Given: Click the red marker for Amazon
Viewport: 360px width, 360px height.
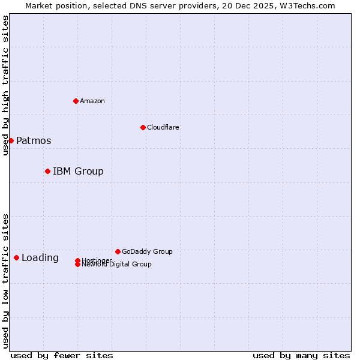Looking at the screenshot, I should pyautogui.click(x=76, y=101).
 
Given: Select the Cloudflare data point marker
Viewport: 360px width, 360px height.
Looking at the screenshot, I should pyautogui.click(x=143, y=127).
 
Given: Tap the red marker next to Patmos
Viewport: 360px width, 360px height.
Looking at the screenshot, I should pyautogui.click(x=11, y=140).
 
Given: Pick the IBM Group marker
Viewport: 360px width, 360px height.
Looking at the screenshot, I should pyautogui.click(x=47, y=171).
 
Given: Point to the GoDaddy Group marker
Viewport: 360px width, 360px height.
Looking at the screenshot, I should pyautogui.click(x=118, y=251).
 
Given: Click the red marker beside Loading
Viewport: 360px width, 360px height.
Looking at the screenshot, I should pyautogui.click(x=16, y=257).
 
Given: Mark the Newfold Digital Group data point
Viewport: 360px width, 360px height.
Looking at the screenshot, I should pyautogui.click(x=77, y=264).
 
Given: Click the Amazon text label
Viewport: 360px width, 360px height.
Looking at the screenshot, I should pyautogui.click(x=92, y=101).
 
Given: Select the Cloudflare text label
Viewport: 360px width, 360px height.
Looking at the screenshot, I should pyautogui.click(x=163, y=127).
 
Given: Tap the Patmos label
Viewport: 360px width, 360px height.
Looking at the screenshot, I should pyautogui.click(x=34, y=141).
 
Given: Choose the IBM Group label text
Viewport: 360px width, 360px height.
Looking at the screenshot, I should pyautogui.click(x=78, y=172).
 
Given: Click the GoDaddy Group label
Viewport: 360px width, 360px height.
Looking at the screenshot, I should pyautogui.click(x=147, y=251).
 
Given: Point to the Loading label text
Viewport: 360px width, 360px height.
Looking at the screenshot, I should pyautogui.click(x=40, y=258).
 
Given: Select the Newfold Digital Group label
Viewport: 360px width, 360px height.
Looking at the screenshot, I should pyautogui.click(x=117, y=265).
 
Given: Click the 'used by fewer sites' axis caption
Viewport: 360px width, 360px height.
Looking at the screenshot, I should pyautogui.click(x=62, y=356).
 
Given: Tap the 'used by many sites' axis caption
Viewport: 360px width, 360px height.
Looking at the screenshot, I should pyautogui.click(x=301, y=356).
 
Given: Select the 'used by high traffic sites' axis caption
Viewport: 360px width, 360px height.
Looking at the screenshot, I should pyautogui.click(x=5, y=85).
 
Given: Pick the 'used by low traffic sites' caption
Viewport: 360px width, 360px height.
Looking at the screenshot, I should pyautogui.click(x=5, y=281).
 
